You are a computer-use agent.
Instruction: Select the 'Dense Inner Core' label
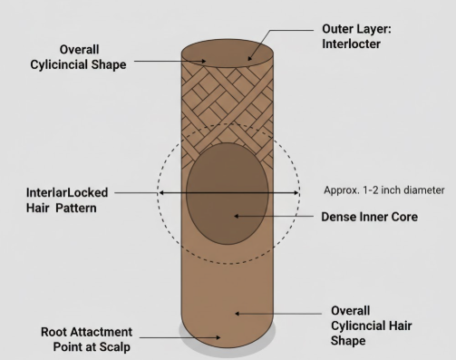[x=369, y=217]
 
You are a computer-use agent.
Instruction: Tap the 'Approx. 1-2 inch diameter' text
[x=384, y=190]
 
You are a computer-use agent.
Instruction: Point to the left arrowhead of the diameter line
[x=161, y=192]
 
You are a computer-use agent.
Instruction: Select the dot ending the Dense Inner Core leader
[x=236, y=217]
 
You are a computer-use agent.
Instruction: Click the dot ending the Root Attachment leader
[x=218, y=336]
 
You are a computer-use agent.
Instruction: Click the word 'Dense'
[x=338, y=217]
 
